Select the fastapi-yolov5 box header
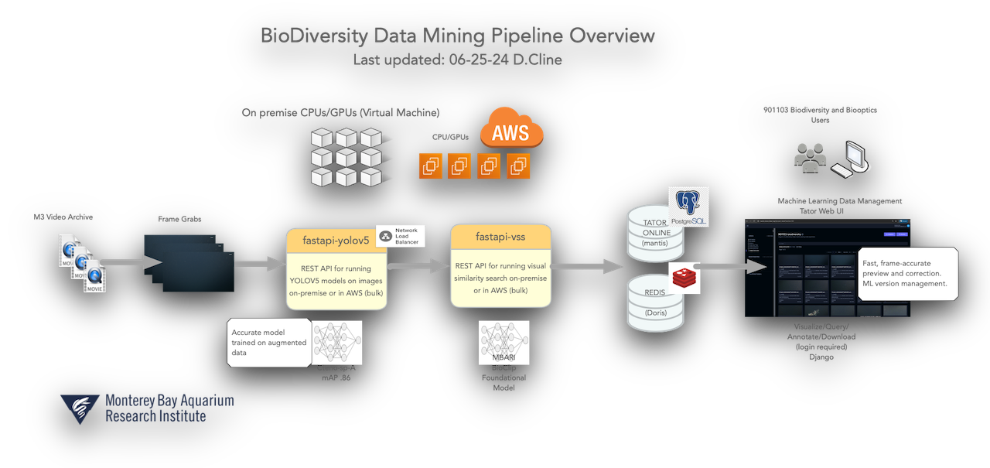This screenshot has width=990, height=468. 336,241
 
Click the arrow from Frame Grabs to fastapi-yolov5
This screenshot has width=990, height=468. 260,265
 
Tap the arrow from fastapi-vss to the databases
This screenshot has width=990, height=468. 588,267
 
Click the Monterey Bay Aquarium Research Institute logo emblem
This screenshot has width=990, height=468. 80,408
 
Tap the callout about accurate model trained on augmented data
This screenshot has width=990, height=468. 269,342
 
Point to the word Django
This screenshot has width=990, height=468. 821,357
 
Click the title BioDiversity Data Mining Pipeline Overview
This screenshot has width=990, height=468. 458,36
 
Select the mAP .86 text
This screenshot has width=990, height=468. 335,378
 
